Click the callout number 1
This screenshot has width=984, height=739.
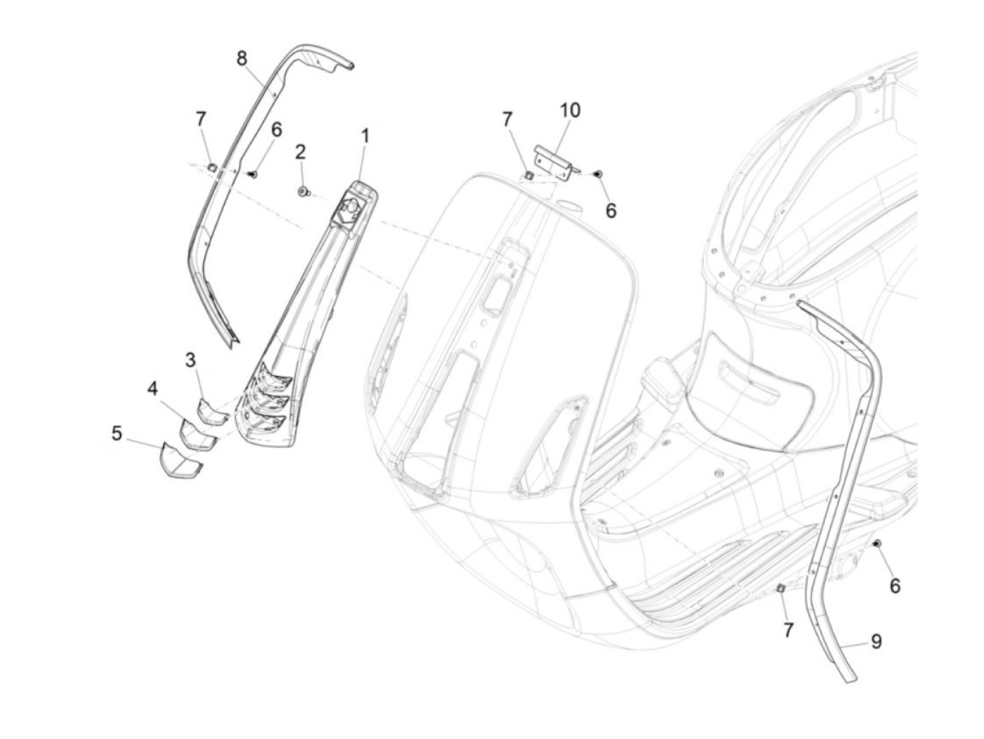(x=365, y=135)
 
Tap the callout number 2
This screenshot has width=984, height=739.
(x=300, y=151)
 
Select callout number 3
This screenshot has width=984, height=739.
(x=190, y=360)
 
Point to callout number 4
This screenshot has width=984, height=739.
(x=153, y=388)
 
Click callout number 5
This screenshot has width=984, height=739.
(x=117, y=433)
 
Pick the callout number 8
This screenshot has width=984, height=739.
(x=242, y=58)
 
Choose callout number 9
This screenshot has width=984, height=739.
(x=876, y=641)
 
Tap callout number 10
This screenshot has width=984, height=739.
(x=570, y=110)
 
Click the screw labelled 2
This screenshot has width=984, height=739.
(x=304, y=191)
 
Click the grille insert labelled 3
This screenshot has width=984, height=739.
(x=212, y=410)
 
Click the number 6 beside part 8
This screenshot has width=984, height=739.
(x=276, y=129)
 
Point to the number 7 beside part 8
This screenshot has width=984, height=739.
(x=201, y=119)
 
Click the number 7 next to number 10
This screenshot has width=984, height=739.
(x=507, y=120)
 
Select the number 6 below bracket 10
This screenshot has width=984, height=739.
(x=611, y=210)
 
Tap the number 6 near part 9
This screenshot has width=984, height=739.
(x=895, y=586)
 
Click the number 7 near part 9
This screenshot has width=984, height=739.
(x=788, y=631)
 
